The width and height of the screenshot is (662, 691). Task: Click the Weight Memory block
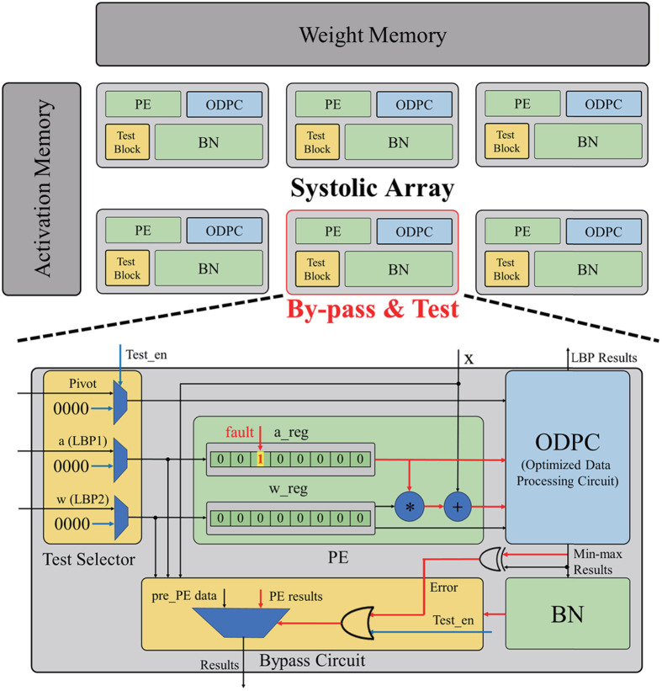pos(372,35)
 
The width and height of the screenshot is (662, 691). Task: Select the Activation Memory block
pos(42,189)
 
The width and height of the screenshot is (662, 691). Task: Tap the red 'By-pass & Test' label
pos(373,309)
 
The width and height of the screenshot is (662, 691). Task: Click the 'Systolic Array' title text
pos(372,189)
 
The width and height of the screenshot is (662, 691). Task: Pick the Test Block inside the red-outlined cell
pos(317,268)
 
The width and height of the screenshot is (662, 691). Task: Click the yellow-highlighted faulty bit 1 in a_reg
pos(260,460)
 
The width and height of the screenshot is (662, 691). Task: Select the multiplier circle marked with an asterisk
pos(409,507)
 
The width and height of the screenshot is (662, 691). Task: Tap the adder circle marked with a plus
pos(458,507)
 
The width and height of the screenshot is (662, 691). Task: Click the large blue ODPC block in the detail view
pos(567,457)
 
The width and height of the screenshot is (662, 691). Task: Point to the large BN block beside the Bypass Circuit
pos(567,614)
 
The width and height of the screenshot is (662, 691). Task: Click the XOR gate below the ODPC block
pos(491,559)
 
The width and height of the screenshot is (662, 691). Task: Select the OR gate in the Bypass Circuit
pos(357,623)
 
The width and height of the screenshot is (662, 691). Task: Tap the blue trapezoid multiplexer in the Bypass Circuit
pos(241,623)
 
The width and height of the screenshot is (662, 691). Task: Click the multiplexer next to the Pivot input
pos(120,402)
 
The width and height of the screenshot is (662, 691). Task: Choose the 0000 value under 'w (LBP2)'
pos(71,524)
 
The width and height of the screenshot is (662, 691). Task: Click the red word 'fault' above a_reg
pos(240,433)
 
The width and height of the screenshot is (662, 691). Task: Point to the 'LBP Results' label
pos(604,358)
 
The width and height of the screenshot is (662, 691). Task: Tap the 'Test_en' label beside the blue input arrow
pos(146,354)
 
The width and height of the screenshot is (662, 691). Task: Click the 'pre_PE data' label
pos(184,596)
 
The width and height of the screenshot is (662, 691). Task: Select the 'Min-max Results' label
pos(597,561)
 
